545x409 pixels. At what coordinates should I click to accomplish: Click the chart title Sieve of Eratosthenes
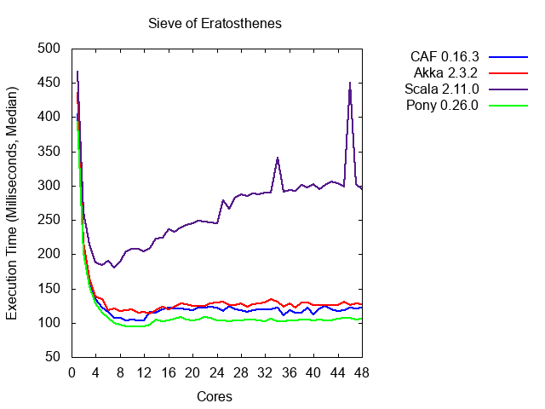pos(215,23)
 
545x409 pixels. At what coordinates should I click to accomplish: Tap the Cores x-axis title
pos(215,396)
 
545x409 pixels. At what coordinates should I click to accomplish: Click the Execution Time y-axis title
pos(12,203)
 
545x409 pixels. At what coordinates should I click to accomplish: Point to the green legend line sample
pos(509,105)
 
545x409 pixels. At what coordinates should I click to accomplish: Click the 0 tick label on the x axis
pos(72,372)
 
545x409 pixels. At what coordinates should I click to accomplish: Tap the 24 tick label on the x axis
pos(217,372)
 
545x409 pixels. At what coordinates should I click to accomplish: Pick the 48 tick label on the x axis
pos(362,372)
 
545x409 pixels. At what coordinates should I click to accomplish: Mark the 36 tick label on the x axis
pos(290,372)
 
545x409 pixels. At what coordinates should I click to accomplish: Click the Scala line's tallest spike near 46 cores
pos(350,83)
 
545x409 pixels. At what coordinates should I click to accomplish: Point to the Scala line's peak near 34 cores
pos(278,158)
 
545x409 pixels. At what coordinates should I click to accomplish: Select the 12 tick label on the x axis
pos(144,372)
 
